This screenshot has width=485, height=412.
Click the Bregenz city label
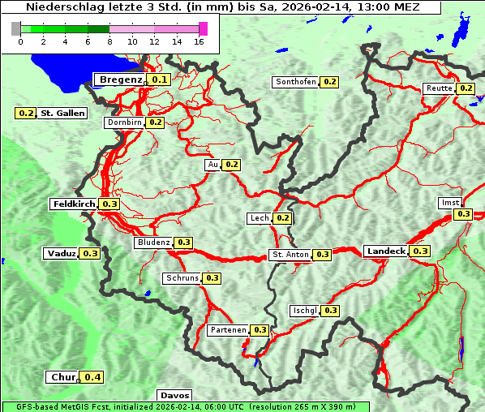120,79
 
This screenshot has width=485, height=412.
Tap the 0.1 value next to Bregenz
159,79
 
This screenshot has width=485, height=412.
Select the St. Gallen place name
62,113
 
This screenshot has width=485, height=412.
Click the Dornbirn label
124,122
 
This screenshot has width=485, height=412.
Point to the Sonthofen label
295,82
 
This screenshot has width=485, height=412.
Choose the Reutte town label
438,88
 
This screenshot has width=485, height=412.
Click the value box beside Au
232,165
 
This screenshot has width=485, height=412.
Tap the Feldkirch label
74,204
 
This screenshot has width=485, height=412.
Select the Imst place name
449,202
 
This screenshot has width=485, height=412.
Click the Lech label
259,218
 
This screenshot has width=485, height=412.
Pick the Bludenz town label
153,242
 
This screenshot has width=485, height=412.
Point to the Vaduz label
61,253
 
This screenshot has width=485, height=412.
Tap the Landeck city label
385,251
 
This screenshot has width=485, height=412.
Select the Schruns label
182,278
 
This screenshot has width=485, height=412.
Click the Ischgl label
303,311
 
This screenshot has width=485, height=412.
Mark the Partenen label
227,330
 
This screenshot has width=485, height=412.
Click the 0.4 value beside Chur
92,377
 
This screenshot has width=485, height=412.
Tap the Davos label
175,395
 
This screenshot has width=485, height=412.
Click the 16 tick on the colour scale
199,41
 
